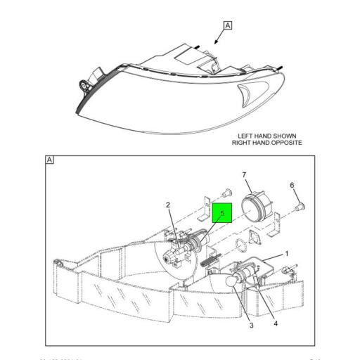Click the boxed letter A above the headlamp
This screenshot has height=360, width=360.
tap(227, 26)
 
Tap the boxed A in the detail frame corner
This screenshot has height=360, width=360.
tap(50, 160)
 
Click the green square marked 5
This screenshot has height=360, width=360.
tap(222, 212)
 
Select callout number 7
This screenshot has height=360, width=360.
tap(244, 174)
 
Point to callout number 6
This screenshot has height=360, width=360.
tap(292, 185)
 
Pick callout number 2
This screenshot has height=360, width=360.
tap(168, 205)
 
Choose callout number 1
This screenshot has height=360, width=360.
tap(286, 252)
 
